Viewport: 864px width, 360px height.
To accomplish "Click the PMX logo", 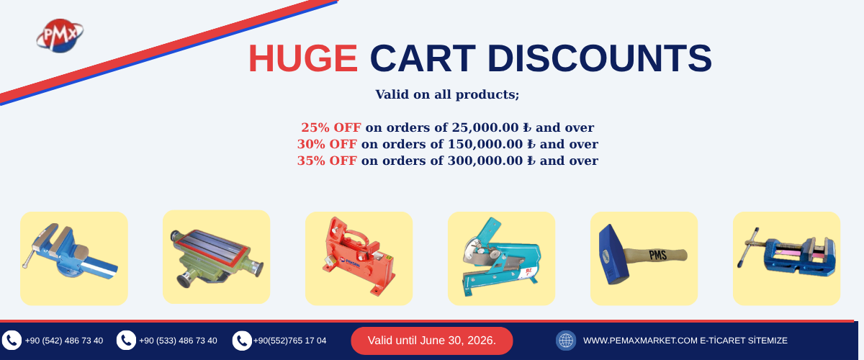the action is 60,35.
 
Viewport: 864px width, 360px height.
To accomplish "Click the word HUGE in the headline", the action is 303,58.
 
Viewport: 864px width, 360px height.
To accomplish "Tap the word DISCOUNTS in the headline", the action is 599,58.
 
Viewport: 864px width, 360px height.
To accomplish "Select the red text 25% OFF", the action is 331,127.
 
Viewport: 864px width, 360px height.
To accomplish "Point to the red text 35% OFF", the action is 327,161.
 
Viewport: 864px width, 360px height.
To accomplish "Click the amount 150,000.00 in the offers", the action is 485,144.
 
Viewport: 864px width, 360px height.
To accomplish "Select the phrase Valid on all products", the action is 447,94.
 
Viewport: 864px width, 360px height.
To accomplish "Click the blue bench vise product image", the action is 71,251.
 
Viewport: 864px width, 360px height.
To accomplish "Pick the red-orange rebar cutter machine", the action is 359,256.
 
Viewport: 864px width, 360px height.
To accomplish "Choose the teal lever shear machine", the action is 501,256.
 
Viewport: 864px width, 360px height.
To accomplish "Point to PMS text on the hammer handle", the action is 658,255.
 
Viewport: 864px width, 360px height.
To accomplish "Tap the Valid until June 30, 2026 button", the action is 431,341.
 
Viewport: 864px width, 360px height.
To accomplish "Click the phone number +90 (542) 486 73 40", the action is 64,341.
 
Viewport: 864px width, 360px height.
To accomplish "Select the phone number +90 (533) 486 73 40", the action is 178,341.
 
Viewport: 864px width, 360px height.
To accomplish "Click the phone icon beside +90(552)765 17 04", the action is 242,341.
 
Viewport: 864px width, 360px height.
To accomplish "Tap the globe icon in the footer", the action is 566,341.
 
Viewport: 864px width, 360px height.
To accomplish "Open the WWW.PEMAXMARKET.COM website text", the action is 640,341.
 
